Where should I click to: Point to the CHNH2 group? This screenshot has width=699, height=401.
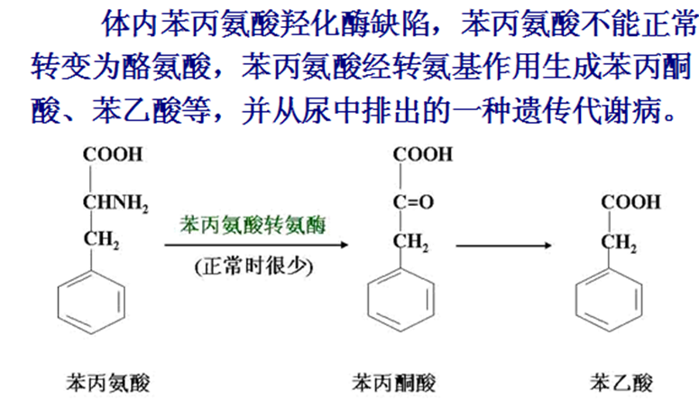click(x=115, y=203)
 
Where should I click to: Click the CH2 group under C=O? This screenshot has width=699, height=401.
click(x=411, y=242)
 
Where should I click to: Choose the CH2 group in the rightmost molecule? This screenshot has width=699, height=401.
click(x=620, y=242)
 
